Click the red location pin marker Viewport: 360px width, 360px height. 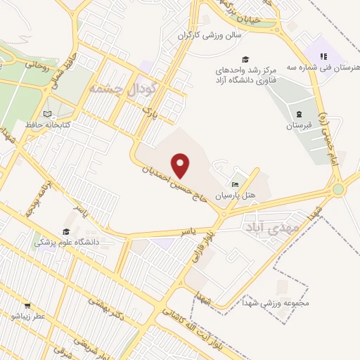pyautogui.click(x=181, y=166)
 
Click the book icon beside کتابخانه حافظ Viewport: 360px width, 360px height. pyautogui.click(x=47, y=114)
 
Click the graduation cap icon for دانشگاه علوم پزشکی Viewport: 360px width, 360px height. pyautogui.click(x=66, y=231)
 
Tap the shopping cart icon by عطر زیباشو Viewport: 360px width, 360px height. pyautogui.click(x=27, y=306)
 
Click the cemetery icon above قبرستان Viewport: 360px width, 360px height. pyautogui.click(x=299, y=115)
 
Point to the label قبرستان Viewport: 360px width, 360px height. pyautogui.click(x=298, y=125)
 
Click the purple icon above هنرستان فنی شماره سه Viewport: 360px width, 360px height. pyautogui.click(x=323, y=56)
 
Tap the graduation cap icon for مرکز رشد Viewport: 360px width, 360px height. pyautogui.click(x=245, y=59)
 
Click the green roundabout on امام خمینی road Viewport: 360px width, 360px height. pyautogui.click(x=338, y=188)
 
